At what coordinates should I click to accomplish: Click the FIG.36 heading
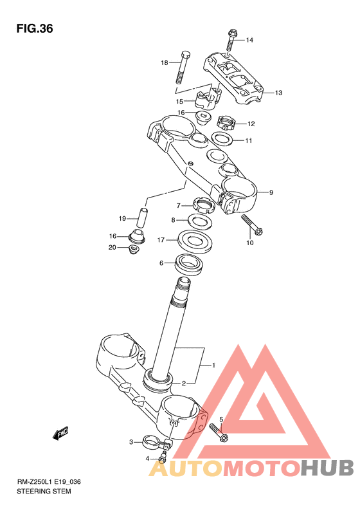click(35, 28)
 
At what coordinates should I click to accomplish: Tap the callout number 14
click(249, 40)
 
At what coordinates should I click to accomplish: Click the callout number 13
click(278, 93)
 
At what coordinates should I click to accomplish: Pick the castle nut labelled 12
click(226, 123)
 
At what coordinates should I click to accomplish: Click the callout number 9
click(271, 192)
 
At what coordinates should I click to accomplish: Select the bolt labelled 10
click(251, 225)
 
